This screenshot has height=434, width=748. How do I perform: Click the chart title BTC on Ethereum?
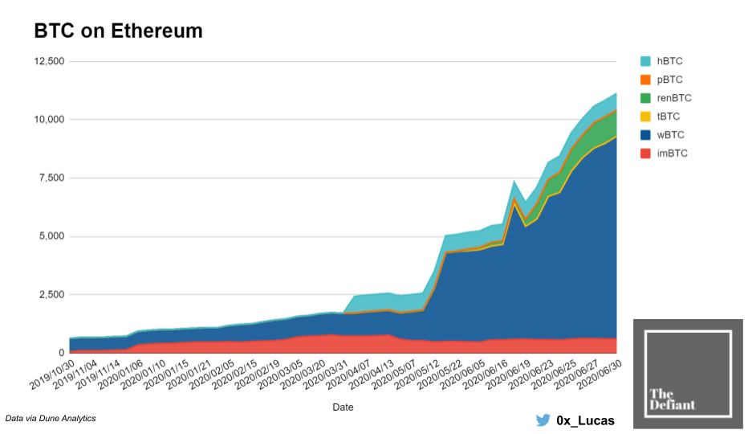118,31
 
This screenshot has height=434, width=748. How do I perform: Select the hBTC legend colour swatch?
645,61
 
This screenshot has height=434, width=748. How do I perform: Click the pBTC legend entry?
670,80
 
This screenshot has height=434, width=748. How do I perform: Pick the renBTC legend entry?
673,98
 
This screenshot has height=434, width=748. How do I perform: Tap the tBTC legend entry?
669,117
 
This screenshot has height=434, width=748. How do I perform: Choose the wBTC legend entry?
671,135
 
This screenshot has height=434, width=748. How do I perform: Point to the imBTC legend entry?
673,154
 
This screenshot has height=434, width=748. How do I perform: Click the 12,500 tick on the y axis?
47,61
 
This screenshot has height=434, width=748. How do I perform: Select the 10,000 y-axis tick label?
47,120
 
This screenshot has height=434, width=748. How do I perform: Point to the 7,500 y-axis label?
51,178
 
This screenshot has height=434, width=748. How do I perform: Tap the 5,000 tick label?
51,236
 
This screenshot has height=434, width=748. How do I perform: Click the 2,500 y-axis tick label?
51,295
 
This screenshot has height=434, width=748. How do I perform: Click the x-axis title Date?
343,407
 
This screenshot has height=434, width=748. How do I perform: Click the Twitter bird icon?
543,420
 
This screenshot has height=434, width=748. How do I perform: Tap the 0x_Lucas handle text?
585,420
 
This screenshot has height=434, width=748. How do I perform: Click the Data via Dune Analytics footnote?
51,419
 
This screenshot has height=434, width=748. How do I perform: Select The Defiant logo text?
672,399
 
